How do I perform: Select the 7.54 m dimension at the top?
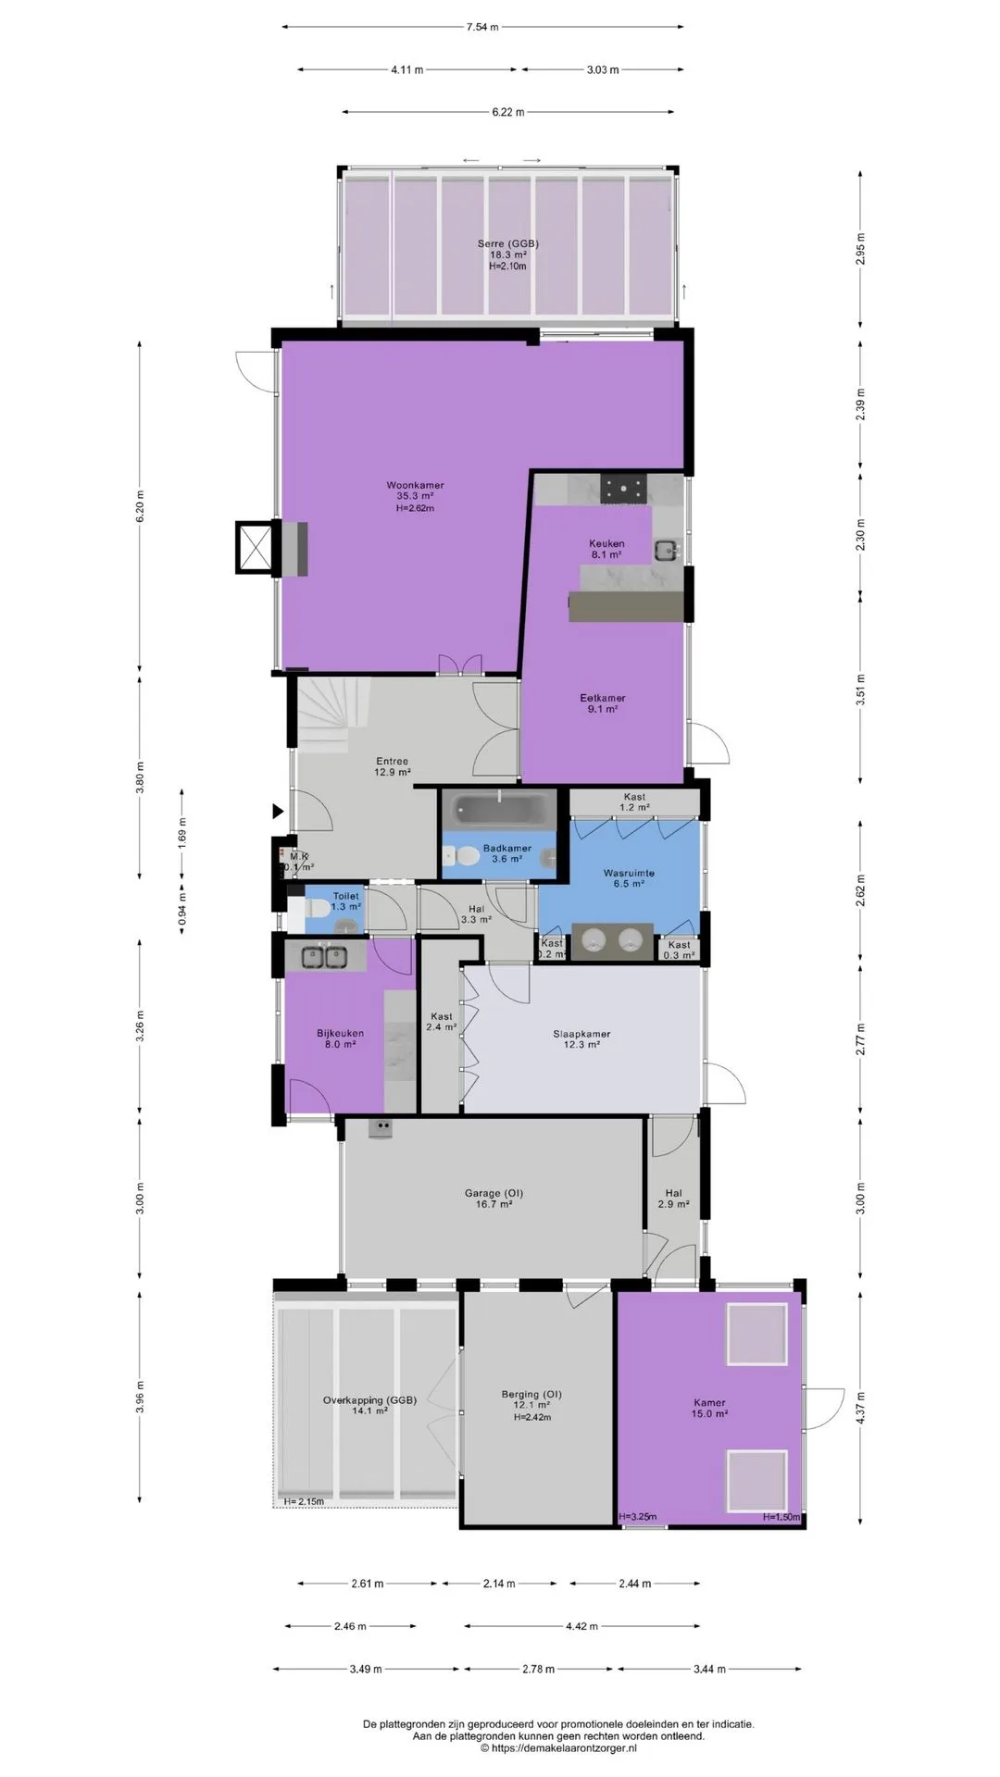click(x=481, y=27)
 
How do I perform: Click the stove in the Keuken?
click(x=626, y=488)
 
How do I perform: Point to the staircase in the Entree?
click(x=331, y=712)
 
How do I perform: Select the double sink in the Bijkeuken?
click(x=323, y=957)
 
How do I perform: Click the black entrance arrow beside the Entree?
click(x=278, y=812)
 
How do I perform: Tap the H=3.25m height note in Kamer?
click(x=637, y=1517)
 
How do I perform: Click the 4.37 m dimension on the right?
click(x=861, y=1409)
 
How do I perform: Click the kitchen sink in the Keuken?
click(x=666, y=550)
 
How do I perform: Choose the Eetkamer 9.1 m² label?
click(x=603, y=703)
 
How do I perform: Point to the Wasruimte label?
click(x=629, y=873)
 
